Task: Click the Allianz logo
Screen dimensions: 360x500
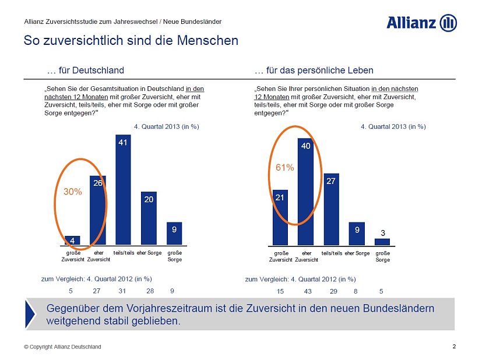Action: [421, 23]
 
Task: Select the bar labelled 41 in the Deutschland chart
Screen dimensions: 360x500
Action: [123, 189]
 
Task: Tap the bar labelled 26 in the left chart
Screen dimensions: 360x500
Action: [97, 210]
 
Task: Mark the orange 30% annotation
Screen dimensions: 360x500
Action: [72, 190]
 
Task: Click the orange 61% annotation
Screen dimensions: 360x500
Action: [284, 167]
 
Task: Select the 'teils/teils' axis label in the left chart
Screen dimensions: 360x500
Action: [124, 253]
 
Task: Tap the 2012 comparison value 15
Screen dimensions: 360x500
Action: [281, 290]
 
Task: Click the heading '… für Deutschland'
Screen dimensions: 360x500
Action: [85, 70]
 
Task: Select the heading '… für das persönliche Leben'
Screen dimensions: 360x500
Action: [314, 70]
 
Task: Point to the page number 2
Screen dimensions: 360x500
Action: [454, 347]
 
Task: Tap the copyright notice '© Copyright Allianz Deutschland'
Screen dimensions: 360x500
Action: [62, 347]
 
